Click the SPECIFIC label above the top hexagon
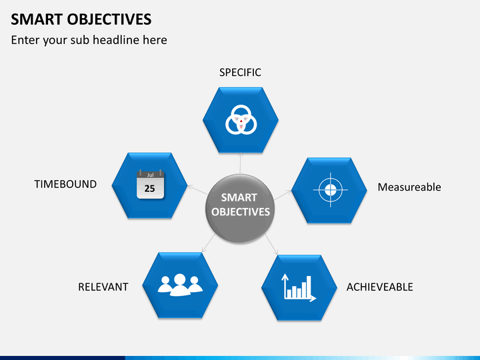[240, 73]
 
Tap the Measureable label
[409, 187]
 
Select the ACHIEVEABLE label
[379, 287]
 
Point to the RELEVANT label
[103, 287]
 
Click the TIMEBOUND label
[65, 184]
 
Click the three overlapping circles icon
[241, 120]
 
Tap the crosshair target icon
[330, 190]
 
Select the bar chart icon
[299, 288]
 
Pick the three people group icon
[180, 285]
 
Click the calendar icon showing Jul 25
[150, 184]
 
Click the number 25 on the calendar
[150, 189]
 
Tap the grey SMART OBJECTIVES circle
[240, 209]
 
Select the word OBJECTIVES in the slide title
[109, 19]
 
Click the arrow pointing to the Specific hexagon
[240, 163]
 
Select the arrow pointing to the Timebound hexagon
[197, 189]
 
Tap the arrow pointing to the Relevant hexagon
[209, 243]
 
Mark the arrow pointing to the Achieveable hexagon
[271, 244]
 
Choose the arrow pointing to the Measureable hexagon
[282, 195]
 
